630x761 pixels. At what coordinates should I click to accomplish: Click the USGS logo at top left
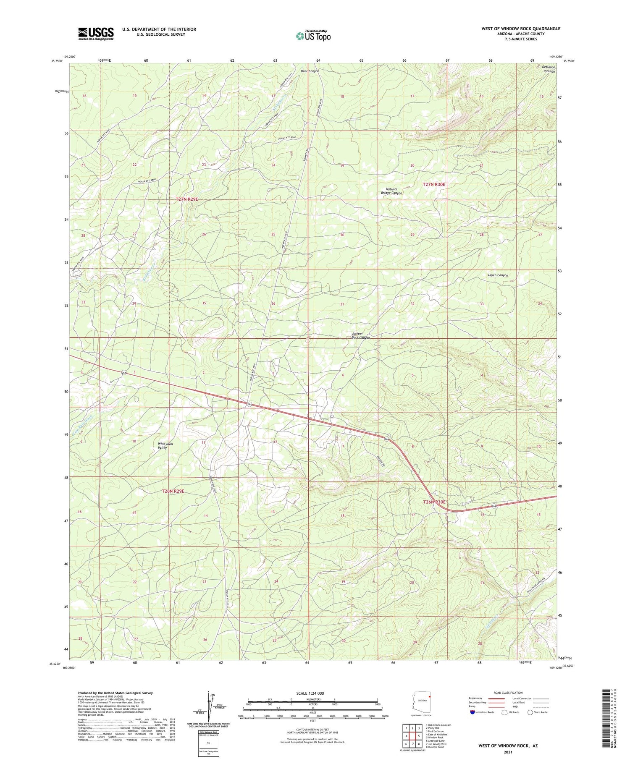click(96, 34)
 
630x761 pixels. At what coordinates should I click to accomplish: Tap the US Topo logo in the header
click(313, 36)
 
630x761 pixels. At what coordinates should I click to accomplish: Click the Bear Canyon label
click(310, 71)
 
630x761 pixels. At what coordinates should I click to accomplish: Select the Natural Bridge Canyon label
click(391, 191)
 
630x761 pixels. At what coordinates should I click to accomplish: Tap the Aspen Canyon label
click(497, 275)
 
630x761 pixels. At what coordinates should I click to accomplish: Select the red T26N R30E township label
click(434, 502)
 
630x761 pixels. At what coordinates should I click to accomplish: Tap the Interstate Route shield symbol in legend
click(472, 712)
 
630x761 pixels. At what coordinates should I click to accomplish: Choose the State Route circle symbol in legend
click(530, 712)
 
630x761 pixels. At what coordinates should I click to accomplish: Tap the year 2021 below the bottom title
click(508, 752)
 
